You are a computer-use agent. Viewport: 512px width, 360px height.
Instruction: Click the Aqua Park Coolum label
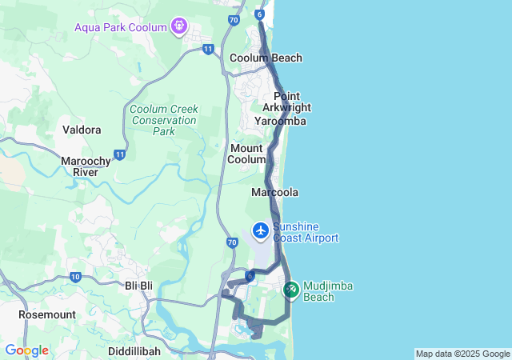[x=120, y=26]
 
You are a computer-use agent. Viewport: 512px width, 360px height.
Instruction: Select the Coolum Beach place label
[x=266, y=58]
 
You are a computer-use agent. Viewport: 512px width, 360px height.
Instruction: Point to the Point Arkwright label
[x=286, y=102]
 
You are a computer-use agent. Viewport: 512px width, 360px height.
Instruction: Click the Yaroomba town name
[x=280, y=121]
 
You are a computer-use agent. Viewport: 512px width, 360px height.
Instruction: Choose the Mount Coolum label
[x=247, y=154]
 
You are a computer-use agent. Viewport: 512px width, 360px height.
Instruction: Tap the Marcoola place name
[x=274, y=193]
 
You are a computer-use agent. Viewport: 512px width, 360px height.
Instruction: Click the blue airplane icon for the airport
[x=260, y=230]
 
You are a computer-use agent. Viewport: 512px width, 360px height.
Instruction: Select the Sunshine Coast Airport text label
[x=306, y=232]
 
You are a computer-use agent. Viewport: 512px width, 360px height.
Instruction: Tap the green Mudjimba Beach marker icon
[x=291, y=288]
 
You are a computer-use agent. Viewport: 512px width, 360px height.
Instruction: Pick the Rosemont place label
[x=46, y=314]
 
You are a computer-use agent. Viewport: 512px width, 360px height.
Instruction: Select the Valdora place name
[x=82, y=130]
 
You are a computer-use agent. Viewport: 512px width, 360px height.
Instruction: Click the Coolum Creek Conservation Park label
[x=163, y=120]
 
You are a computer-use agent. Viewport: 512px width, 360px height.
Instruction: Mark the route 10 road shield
[x=75, y=277]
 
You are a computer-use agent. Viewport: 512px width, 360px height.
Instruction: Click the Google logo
[x=26, y=350]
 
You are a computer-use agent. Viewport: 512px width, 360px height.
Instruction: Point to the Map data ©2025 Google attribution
[x=462, y=354]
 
